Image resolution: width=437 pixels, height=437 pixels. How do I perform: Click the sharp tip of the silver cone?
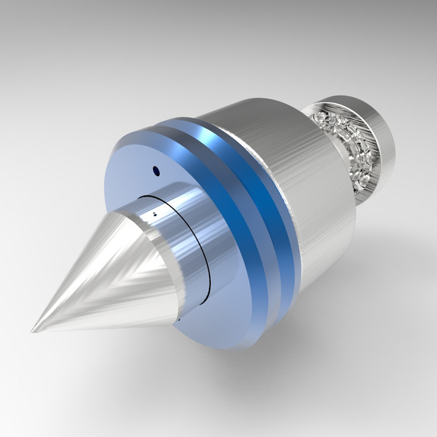coord(33,330)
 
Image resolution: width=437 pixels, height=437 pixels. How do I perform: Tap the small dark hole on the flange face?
coord(156,171)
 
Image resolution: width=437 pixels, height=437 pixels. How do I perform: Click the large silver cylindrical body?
coord(300,178)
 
